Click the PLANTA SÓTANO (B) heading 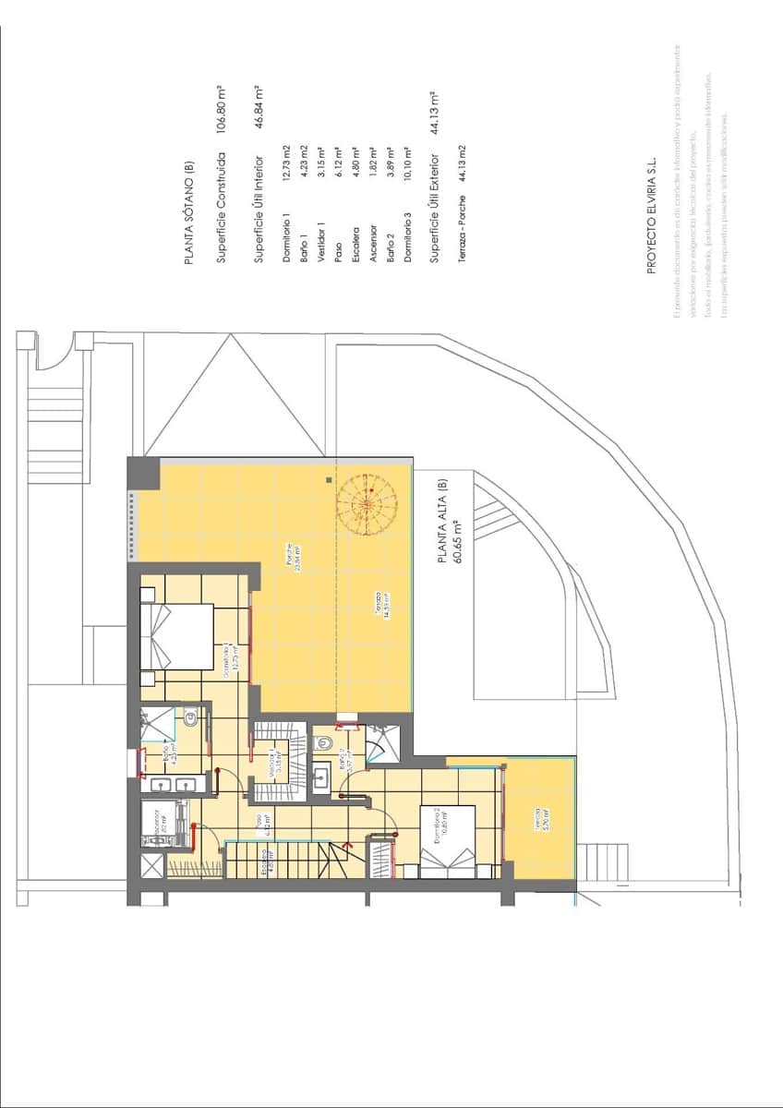[x=189, y=213]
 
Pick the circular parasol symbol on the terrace [x=367, y=505]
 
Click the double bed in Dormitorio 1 [x=177, y=637]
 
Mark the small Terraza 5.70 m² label [x=539, y=822]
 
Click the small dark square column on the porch [x=329, y=480]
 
